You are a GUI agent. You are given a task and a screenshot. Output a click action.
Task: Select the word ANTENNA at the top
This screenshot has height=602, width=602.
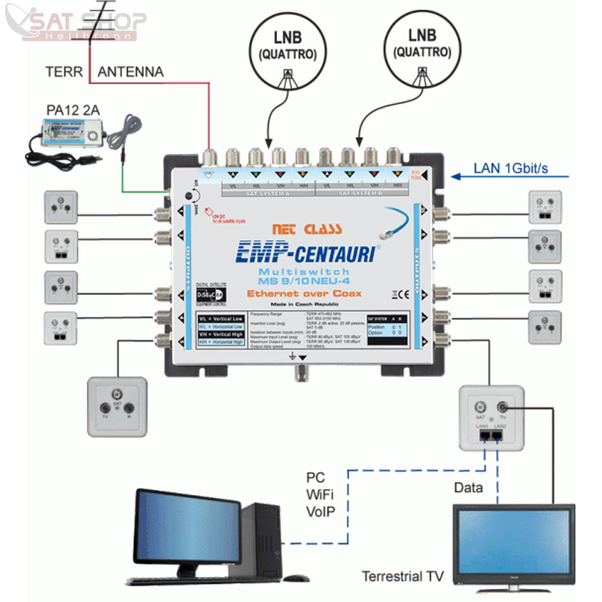[x=131, y=72]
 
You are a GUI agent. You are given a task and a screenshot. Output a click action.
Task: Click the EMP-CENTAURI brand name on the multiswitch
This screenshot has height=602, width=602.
[x=304, y=251]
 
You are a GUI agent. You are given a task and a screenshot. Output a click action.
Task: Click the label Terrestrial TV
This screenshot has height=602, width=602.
[x=403, y=577]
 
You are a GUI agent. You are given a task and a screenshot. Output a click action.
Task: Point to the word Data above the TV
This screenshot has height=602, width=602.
[x=468, y=488]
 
